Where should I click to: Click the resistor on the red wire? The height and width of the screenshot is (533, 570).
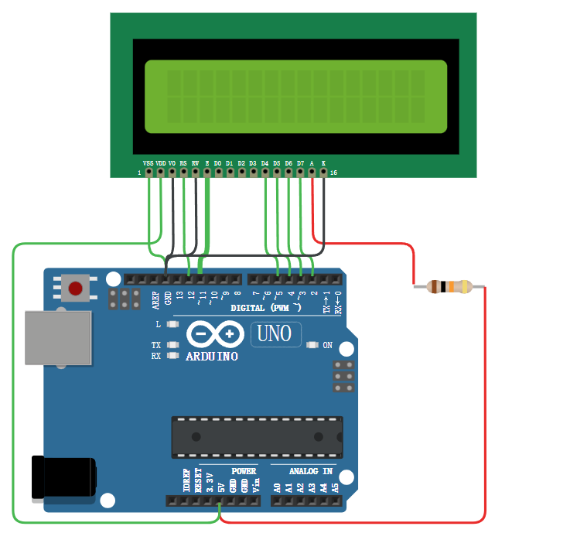click(x=449, y=287)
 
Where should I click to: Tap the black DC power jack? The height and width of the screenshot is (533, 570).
click(x=63, y=477)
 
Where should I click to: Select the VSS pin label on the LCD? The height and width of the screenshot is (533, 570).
click(x=148, y=163)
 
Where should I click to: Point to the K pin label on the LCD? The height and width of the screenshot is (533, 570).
click(x=323, y=163)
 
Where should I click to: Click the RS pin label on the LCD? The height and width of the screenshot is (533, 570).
click(x=183, y=163)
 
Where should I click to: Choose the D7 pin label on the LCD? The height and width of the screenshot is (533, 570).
click(x=300, y=163)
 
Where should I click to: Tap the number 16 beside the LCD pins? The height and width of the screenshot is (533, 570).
click(x=333, y=173)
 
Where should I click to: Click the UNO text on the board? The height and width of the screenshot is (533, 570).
click(x=275, y=334)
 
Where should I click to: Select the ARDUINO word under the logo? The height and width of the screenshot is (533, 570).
click(x=212, y=357)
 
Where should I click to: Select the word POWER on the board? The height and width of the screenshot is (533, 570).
click(x=244, y=470)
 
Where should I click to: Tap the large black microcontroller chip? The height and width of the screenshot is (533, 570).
click(x=257, y=437)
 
